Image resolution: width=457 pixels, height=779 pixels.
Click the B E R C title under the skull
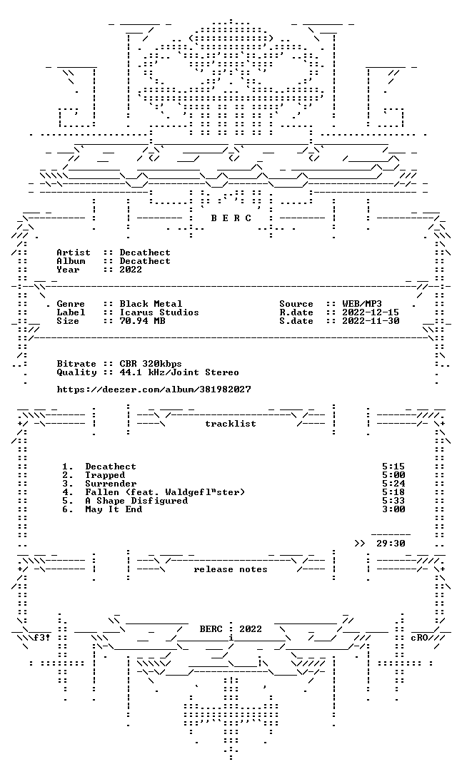coord(231,218)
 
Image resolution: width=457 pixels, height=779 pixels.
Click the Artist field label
coord(74,253)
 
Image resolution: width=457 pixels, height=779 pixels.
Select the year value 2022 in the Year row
coord(131,270)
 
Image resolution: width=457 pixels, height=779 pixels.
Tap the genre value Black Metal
coord(151,304)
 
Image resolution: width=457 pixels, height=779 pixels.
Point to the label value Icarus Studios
coord(159,312)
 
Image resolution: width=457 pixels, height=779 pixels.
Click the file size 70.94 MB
coord(142,321)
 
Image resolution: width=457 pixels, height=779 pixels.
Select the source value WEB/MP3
coord(362,304)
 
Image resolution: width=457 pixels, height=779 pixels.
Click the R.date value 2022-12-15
coord(371,312)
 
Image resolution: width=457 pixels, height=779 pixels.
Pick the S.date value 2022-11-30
coord(371,321)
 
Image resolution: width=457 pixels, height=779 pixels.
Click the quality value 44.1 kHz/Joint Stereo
coord(179,372)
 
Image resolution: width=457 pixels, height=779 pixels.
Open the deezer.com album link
coord(154,390)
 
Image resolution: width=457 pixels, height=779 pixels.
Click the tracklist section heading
coord(231,424)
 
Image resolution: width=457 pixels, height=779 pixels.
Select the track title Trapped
coord(105,475)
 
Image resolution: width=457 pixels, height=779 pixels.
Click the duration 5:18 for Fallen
coord(393,492)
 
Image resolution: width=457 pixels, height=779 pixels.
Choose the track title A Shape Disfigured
coord(136,501)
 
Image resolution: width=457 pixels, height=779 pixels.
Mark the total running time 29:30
coord(391,544)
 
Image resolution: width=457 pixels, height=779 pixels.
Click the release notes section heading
coord(231,569)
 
